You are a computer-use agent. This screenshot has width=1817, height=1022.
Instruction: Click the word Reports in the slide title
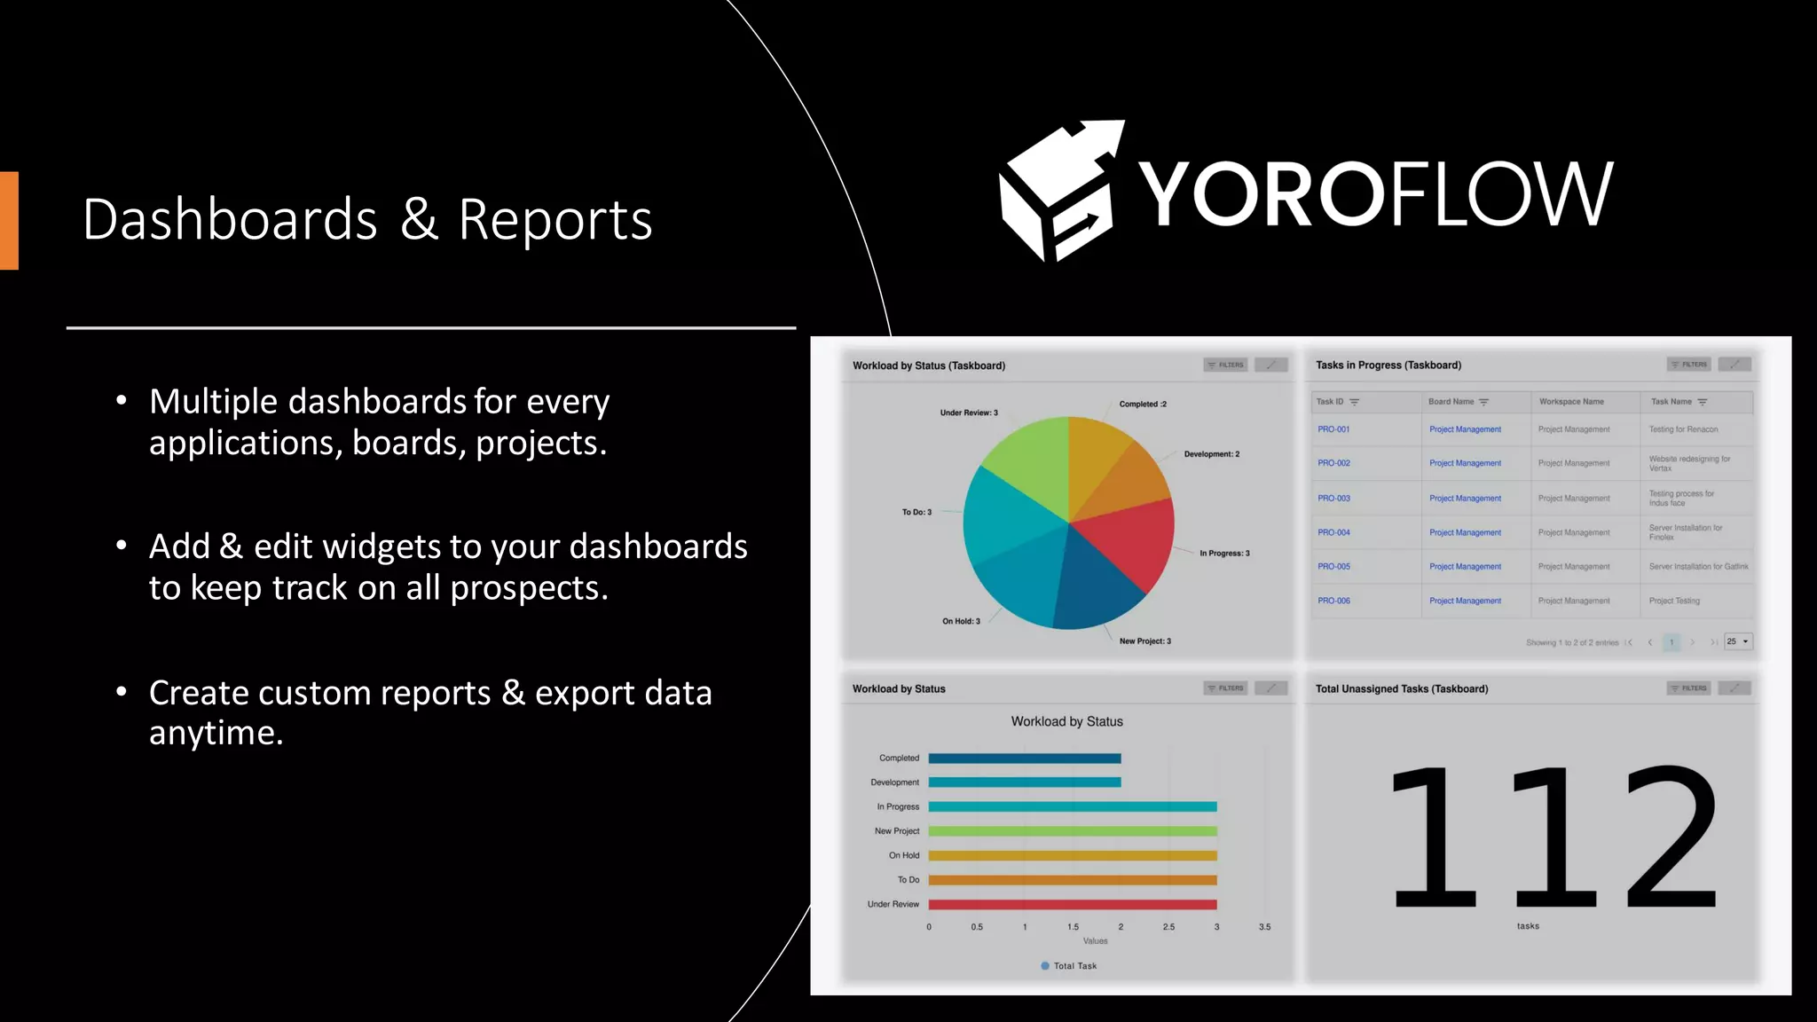pyautogui.click(x=555, y=219)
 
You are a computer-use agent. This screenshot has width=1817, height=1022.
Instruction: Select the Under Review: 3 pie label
pyautogui.click(x=969, y=413)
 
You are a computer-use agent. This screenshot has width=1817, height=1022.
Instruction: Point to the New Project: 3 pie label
pyautogui.click(x=1144, y=641)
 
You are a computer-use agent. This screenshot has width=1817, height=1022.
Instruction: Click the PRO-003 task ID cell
pyautogui.click(x=1333, y=499)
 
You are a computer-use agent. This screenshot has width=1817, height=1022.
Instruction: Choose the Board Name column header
pyautogui.click(x=1451, y=402)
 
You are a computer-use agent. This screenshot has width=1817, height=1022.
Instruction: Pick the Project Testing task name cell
pyautogui.click(x=1674, y=601)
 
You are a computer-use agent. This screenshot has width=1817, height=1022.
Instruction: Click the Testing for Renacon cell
pyautogui.click(x=1683, y=429)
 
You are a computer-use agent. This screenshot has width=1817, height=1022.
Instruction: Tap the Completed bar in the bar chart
pyautogui.click(x=1025, y=759)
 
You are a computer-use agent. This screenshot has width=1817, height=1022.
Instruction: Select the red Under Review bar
pyautogui.click(x=1072, y=905)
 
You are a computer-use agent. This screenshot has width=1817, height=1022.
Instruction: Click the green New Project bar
pyautogui.click(x=1072, y=831)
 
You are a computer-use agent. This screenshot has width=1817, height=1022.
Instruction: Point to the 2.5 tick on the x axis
pyautogui.click(x=1168, y=927)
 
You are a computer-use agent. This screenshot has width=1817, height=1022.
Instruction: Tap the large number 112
pyautogui.click(x=1553, y=837)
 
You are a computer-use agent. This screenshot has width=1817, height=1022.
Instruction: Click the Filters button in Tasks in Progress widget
pyautogui.click(x=1688, y=365)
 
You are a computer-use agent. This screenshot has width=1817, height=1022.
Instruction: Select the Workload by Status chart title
pyautogui.click(x=1066, y=722)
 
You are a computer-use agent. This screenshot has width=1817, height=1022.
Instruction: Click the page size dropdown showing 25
pyautogui.click(x=1738, y=641)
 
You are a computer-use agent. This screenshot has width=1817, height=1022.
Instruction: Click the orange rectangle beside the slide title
pyautogui.click(x=9, y=220)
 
